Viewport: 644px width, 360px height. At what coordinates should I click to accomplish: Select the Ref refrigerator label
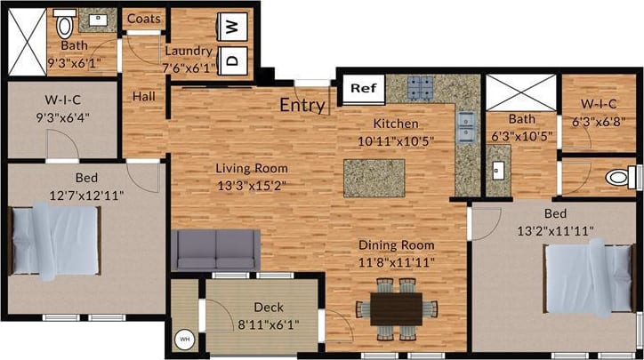coord(362,88)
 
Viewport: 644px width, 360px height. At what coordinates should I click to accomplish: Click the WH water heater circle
coord(186,339)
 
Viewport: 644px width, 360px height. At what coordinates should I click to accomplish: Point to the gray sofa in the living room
coord(216,250)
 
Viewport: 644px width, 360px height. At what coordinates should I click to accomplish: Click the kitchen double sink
coord(465,128)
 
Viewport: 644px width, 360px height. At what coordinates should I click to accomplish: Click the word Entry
coord(302,105)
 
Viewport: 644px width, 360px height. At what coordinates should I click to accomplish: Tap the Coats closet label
coord(142,19)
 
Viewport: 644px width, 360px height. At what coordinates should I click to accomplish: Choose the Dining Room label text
coord(397,245)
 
